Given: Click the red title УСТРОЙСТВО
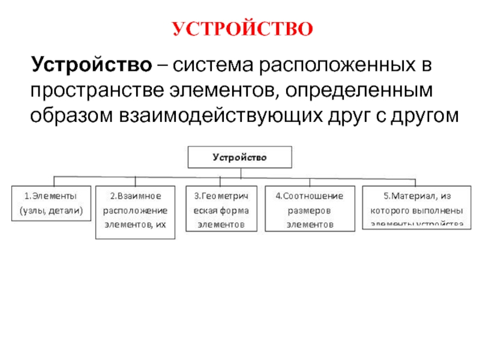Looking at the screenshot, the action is point(242,28).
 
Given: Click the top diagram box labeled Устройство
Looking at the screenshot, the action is point(241,158).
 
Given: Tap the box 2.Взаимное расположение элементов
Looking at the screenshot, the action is point(136,212).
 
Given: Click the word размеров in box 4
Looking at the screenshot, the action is point(309,211).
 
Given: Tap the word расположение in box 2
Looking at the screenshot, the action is point(135,211).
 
